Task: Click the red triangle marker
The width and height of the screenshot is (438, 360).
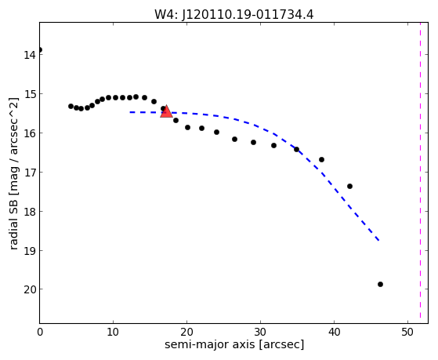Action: coord(166,111)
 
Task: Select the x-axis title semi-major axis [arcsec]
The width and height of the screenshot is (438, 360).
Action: coord(234,344)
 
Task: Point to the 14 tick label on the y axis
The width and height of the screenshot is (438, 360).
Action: coord(30,55)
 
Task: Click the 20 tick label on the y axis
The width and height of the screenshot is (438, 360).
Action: coord(30,289)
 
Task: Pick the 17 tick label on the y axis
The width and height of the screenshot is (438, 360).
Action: coord(30,173)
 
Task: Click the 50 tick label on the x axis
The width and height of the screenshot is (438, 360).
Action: coord(407,332)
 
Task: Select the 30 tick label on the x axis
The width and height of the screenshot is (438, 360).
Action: coord(260,332)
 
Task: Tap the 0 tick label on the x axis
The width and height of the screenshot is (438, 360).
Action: coord(40,332)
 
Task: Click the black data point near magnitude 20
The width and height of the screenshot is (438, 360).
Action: coord(380,284)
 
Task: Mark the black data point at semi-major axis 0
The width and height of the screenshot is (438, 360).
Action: coord(40,49)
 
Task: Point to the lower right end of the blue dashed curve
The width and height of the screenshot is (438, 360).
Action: coord(378,240)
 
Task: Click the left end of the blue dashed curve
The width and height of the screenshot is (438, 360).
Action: coord(130,112)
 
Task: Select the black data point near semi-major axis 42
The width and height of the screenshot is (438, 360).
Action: coord(349,186)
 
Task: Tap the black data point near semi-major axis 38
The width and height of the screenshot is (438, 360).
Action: coord(321,159)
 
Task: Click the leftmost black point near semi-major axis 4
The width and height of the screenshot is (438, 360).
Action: coord(71,106)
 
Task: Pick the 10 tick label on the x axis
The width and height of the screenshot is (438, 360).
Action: coord(113,332)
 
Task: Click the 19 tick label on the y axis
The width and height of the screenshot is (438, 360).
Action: coord(30,251)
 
